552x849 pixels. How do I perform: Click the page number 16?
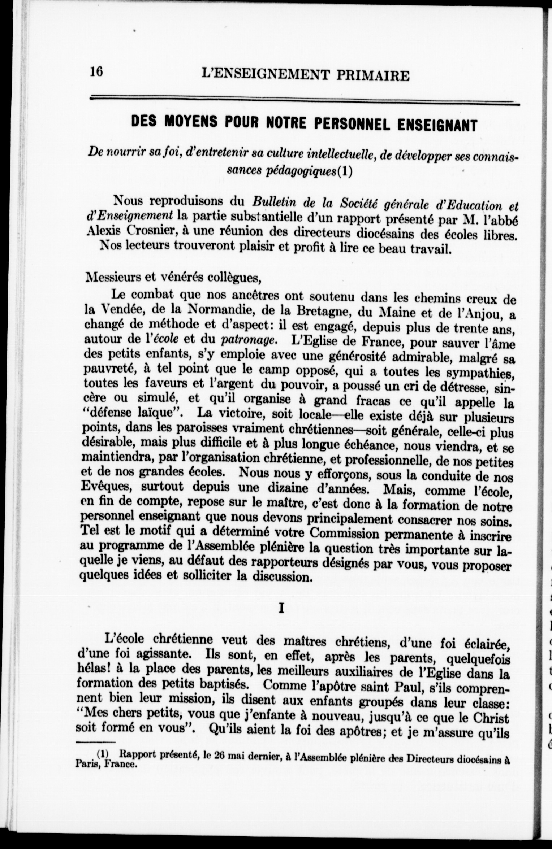click(x=96, y=71)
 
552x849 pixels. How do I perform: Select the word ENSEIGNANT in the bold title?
click(x=437, y=125)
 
